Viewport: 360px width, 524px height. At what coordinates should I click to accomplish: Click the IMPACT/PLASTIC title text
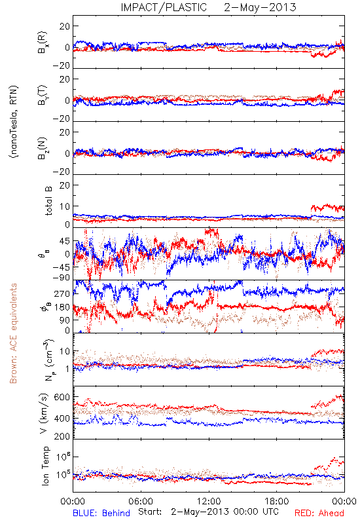[164, 7]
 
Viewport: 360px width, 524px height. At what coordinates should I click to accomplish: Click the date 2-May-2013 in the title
[260, 7]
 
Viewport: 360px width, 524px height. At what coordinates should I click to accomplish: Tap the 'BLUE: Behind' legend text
[101, 513]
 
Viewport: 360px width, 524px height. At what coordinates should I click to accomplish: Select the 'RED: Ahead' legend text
[319, 513]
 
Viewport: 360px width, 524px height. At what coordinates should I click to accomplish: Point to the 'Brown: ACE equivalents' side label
[13, 333]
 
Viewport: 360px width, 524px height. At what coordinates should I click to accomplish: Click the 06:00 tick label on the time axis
[141, 501]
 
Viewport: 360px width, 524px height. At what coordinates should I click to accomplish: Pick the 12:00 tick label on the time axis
[209, 501]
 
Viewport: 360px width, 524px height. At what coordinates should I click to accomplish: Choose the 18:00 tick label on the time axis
[277, 501]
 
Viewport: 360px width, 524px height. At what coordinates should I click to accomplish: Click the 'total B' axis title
[48, 201]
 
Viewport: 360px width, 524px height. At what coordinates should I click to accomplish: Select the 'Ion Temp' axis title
[45, 466]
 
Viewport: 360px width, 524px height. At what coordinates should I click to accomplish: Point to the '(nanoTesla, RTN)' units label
[14, 121]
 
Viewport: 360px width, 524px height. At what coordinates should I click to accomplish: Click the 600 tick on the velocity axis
[62, 398]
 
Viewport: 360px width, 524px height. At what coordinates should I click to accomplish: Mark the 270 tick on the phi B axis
[62, 293]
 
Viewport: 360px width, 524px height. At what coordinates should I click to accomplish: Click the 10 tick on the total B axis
[65, 206]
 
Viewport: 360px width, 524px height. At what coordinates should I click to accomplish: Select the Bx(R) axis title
[43, 42]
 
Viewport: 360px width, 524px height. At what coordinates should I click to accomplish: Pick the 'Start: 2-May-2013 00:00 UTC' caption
[208, 512]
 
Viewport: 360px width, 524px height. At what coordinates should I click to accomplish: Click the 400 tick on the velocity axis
[62, 419]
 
